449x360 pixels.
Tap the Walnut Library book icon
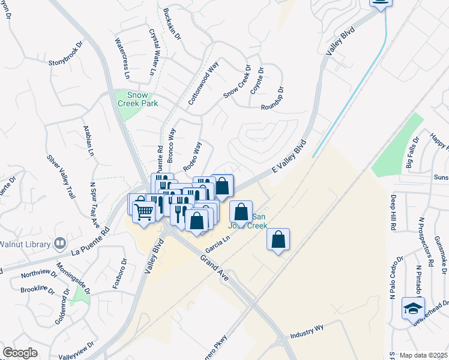tap(59, 243)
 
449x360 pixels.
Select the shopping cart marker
tap(144, 211)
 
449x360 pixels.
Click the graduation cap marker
tap(412, 308)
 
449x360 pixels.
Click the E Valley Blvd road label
tap(289, 157)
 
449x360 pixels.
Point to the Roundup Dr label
tap(271, 100)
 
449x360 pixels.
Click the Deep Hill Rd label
tap(393, 212)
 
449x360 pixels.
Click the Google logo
tap(20, 353)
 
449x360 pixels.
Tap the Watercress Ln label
tap(122, 59)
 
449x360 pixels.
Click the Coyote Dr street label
tap(257, 80)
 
